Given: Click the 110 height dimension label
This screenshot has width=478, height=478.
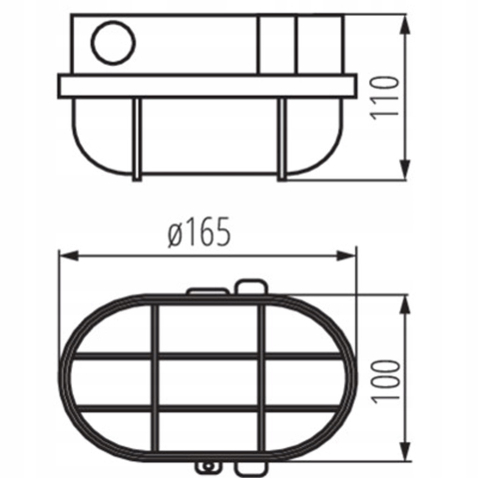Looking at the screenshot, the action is tap(384, 98).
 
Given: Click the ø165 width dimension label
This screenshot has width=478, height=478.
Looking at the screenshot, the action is tap(199, 232).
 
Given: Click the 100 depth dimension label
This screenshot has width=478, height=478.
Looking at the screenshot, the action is tap(385, 382).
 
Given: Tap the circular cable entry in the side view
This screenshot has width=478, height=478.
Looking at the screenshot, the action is tap(113, 43).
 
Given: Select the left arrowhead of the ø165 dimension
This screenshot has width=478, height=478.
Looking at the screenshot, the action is tap(69, 255).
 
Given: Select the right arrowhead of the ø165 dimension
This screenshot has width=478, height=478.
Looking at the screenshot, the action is tap(346, 255).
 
